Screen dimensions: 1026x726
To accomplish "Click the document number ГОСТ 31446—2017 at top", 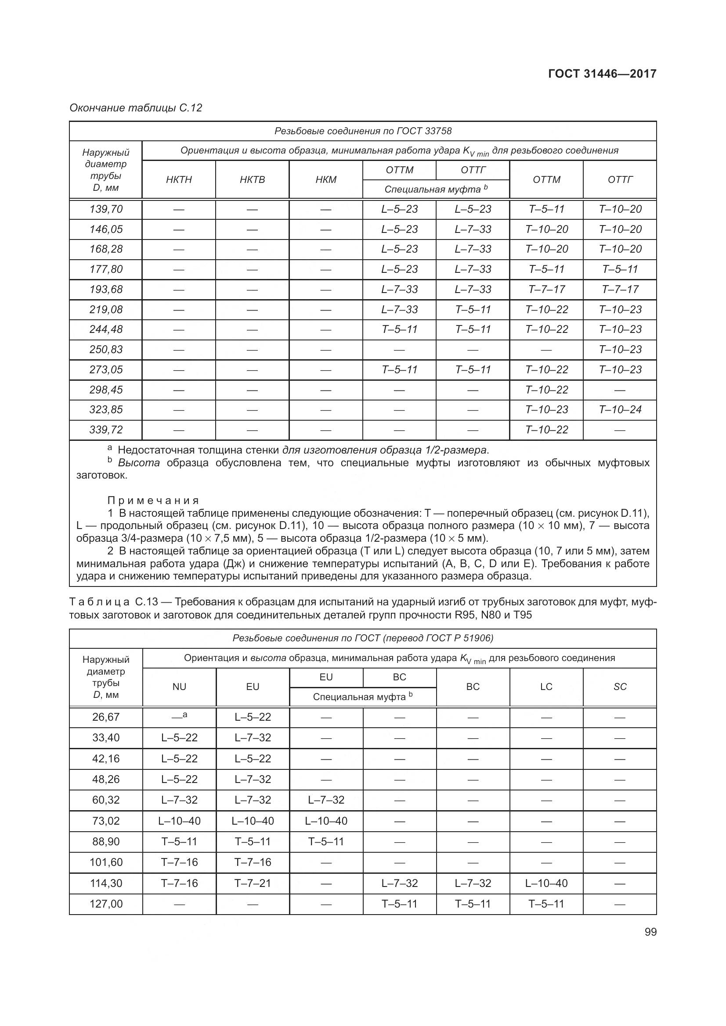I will tap(602, 74).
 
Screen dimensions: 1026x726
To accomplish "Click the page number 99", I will tap(650, 932).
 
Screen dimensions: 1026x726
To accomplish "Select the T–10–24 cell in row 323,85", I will tap(620, 409).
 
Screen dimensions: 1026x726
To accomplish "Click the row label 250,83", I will tap(106, 350).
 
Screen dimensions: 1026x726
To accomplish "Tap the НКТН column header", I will tap(179, 180).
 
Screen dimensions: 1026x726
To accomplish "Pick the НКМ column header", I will tap(325, 180).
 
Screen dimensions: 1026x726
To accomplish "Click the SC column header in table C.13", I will tap(620, 686).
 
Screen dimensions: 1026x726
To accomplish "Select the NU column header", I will tap(179, 686).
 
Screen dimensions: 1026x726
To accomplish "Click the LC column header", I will tap(546, 686).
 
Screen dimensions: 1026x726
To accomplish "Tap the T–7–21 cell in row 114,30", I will tap(253, 883).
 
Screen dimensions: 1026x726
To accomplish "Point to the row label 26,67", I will tap(106, 717).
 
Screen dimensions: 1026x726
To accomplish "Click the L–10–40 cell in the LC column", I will tap(546, 883).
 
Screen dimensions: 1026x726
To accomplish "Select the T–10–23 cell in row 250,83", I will tap(620, 350).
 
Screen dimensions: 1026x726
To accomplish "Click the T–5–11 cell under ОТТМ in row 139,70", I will tap(546, 209).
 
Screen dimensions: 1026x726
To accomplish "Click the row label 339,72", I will tap(106, 429).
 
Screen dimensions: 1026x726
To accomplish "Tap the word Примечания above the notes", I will tap(153, 500).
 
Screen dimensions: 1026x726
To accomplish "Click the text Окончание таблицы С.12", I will tap(136, 108).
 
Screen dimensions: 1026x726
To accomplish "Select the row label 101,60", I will tap(106, 862).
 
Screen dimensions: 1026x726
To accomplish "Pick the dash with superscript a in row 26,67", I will tap(179, 716).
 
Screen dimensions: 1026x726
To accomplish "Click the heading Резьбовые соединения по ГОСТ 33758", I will tap(363, 131).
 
